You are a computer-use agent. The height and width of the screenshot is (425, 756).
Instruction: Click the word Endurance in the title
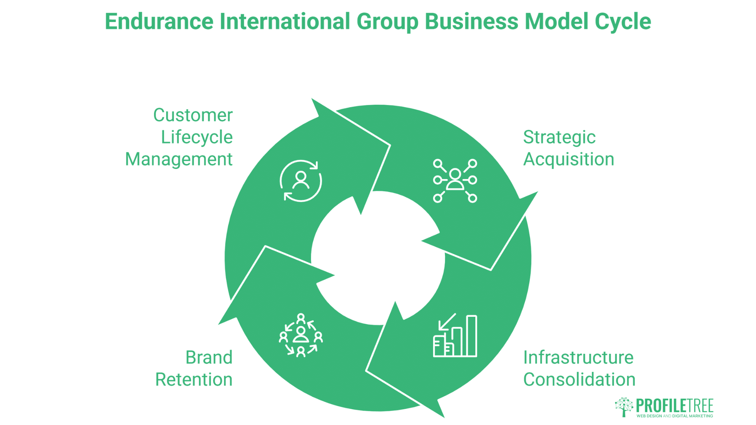click(x=159, y=22)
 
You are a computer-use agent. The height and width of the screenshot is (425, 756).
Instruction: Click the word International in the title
click(x=285, y=22)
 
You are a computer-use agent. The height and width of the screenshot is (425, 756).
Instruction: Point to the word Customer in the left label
click(x=193, y=115)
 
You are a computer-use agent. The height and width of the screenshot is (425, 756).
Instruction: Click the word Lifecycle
click(x=197, y=137)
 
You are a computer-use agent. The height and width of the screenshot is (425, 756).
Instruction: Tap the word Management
click(x=179, y=159)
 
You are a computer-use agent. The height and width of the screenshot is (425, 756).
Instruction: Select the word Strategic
click(x=559, y=137)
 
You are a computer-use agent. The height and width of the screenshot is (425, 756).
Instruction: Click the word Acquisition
click(x=569, y=159)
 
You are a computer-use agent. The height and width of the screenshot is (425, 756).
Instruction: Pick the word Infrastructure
click(x=578, y=358)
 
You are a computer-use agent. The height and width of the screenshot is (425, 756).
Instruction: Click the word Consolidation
click(x=579, y=380)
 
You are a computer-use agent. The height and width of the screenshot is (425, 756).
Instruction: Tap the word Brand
click(x=209, y=358)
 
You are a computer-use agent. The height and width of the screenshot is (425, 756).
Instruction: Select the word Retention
click(x=194, y=380)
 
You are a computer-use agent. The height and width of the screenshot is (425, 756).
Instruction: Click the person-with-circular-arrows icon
click(x=301, y=181)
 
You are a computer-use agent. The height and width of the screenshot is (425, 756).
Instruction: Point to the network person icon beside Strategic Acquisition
click(x=455, y=181)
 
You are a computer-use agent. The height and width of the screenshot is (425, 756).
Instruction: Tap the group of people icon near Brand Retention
click(x=301, y=335)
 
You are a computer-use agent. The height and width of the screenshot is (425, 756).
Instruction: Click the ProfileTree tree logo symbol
click(x=624, y=407)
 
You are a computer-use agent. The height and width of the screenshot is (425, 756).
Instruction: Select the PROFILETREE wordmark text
click(x=674, y=405)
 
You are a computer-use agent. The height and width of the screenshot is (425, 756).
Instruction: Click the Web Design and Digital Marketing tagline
click(x=674, y=416)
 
